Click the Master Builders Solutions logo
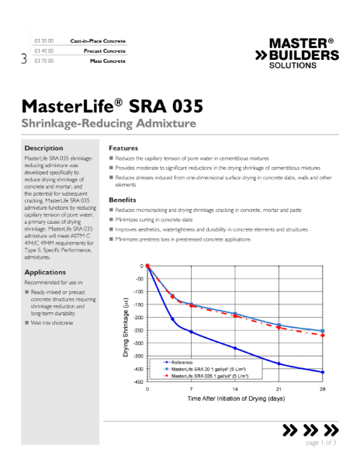296,53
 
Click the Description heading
43,148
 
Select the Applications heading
45,273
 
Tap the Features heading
123,148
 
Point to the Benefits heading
123,200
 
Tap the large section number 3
24,57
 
